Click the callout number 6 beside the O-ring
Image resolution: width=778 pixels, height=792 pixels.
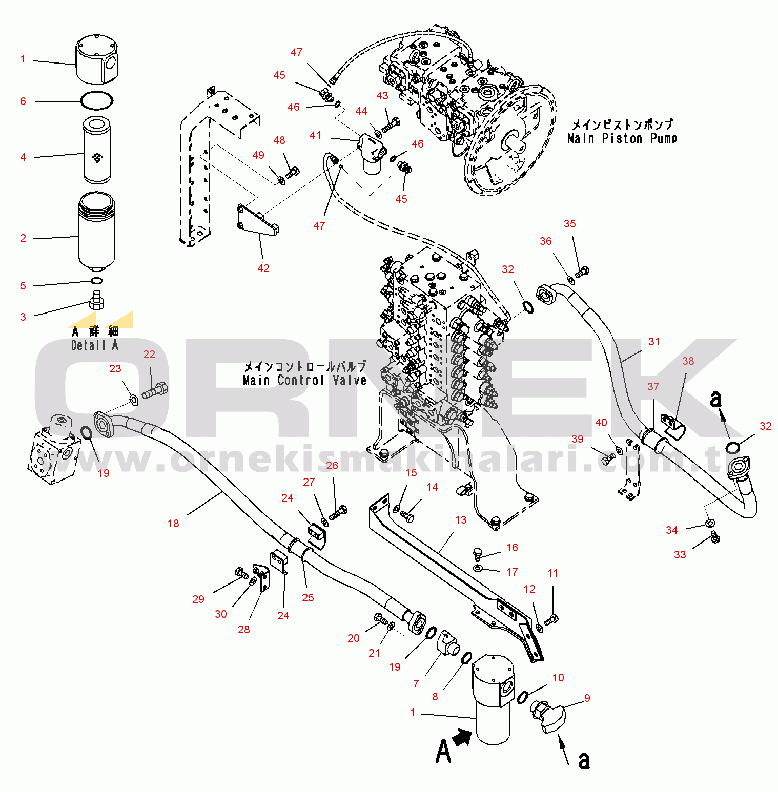[23, 101]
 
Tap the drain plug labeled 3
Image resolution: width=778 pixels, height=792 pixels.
[97, 300]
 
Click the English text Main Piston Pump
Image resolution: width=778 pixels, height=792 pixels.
[622, 139]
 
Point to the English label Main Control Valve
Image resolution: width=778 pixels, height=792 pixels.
[304, 381]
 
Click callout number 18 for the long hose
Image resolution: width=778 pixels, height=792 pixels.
[173, 524]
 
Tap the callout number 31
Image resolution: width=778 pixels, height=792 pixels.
[654, 342]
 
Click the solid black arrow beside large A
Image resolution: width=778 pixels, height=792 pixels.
[462, 738]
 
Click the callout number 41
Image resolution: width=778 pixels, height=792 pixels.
[315, 135]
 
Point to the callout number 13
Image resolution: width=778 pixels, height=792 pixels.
[461, 520]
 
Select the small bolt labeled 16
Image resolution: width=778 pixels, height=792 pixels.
[477, 553]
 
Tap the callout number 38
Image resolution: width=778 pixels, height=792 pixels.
[688, 361]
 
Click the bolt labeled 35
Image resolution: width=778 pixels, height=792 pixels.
[583, 272]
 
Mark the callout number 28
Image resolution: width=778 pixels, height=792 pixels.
[244, 630]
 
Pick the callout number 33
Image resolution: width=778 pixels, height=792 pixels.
[680, 555]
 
